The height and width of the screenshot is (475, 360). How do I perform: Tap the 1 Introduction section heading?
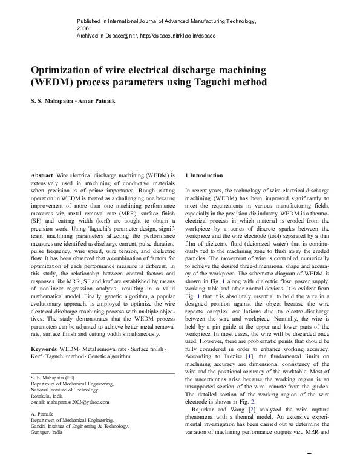click(204, 175)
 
